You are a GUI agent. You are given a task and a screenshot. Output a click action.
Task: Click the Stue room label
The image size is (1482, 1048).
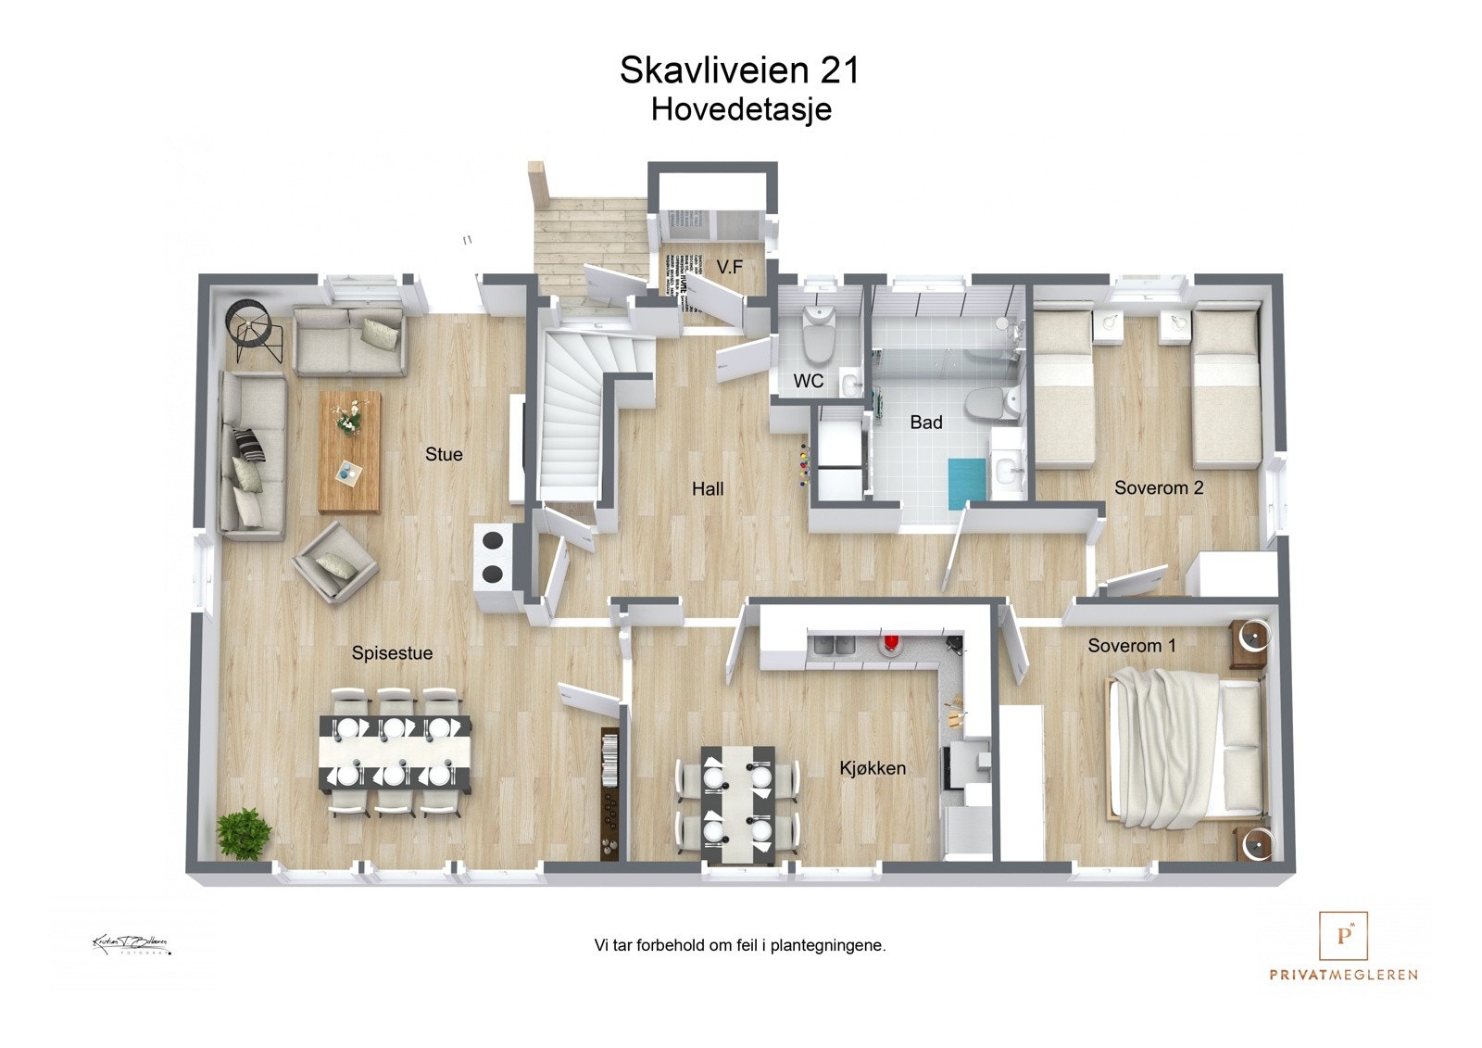click(444, 454)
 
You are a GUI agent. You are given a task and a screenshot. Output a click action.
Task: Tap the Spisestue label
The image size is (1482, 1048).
click(392, 653)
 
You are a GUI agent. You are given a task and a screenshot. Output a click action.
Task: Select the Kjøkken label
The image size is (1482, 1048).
click(873, 768)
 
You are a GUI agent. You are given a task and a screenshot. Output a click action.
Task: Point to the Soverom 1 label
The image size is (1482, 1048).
click(1132, 646)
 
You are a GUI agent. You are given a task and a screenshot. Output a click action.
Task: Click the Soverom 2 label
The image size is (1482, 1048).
click(1159, 487)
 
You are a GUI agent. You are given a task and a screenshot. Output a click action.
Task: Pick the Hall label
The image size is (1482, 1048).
click(708, 488)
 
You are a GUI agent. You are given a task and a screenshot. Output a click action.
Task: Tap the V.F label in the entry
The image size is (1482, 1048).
click(730, 267)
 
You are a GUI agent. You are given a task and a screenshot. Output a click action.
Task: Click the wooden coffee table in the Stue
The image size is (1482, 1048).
click(349, 450)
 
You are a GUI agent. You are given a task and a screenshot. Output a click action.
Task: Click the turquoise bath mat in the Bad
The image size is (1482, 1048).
click(968, 482)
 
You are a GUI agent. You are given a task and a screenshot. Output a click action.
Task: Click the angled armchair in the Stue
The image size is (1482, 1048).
click(334, 562)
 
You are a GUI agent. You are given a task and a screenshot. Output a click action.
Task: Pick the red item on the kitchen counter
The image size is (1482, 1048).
click(891, 643)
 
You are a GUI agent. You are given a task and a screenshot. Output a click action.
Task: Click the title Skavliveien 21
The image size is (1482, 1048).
click(739, 70)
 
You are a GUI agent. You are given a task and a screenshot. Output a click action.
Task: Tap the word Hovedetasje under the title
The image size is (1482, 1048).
click(741, 109)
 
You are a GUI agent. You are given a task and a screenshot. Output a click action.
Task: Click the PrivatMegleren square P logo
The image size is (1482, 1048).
click(1343, 936)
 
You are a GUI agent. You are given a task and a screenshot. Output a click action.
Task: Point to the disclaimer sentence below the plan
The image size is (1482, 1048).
click(739, 946)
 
